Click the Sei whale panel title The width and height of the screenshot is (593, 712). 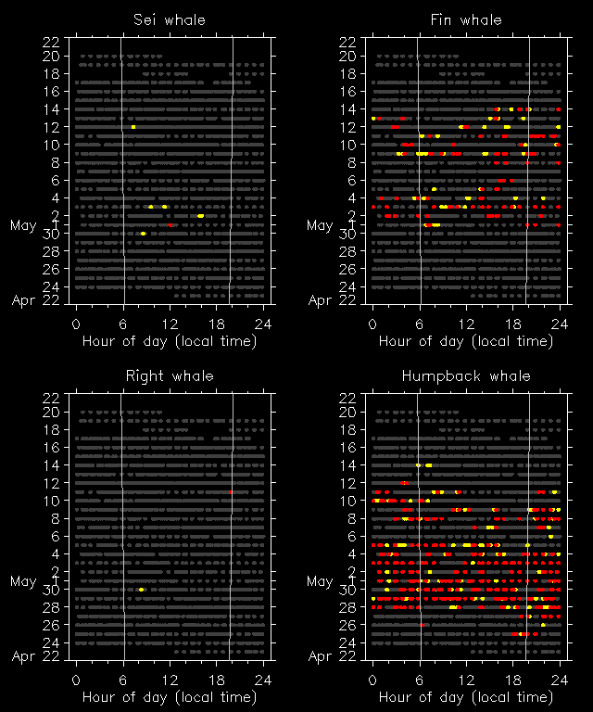click(170, 19)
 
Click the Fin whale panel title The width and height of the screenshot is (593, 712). click(466, 19)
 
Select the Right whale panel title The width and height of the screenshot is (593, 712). click(170, 375)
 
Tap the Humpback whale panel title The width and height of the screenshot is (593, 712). click(466, 375)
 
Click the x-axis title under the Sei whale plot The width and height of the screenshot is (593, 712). click(170, 340)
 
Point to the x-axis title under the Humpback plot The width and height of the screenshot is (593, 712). click(466, 696)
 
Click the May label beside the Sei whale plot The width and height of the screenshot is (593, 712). click(24, 225)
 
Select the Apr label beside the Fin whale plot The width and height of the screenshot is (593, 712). click(320, 300)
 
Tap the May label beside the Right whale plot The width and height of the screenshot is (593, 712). click(24, 581)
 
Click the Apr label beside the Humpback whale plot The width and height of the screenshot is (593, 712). click(320, 656)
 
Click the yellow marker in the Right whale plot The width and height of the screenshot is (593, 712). click(141, 590)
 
